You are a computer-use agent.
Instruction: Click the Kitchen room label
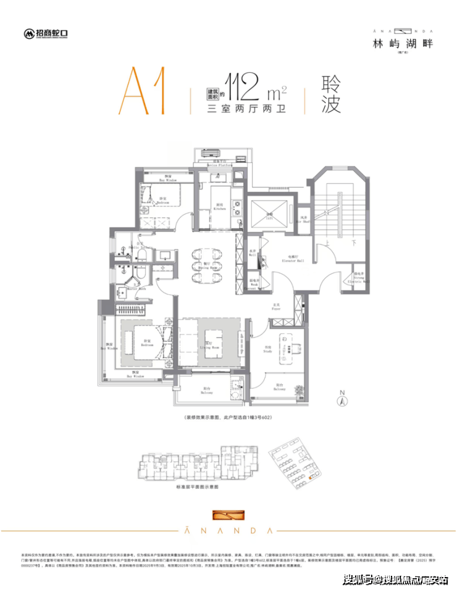coord(219,207)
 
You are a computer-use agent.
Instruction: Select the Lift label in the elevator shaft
coord(270,215)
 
